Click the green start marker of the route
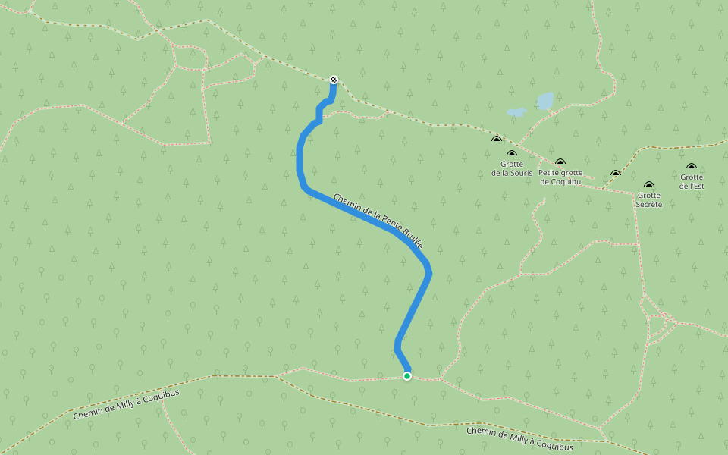[x=407, y=376]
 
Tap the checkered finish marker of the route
[x=334, y=80]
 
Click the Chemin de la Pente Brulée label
[x=377, y=220]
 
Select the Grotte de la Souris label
[x=512, y=168]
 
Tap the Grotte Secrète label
[x=649, y=199]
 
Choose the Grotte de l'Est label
[x=691, y=181]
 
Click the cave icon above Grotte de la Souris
[x=512, y=154]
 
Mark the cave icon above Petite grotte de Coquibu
[x=560, y=162]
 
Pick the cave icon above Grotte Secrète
[x=649, y=184]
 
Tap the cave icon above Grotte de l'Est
[x=691, y=166]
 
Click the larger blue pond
[x=545, y=100]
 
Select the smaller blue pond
[x=516, y=112]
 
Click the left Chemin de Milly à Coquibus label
[x=126, y=405]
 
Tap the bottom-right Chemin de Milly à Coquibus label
[x=519, y=438]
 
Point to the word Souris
[x=521, y=173]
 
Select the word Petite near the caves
[x=551, y=172]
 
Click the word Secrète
[x=649, y=204]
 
